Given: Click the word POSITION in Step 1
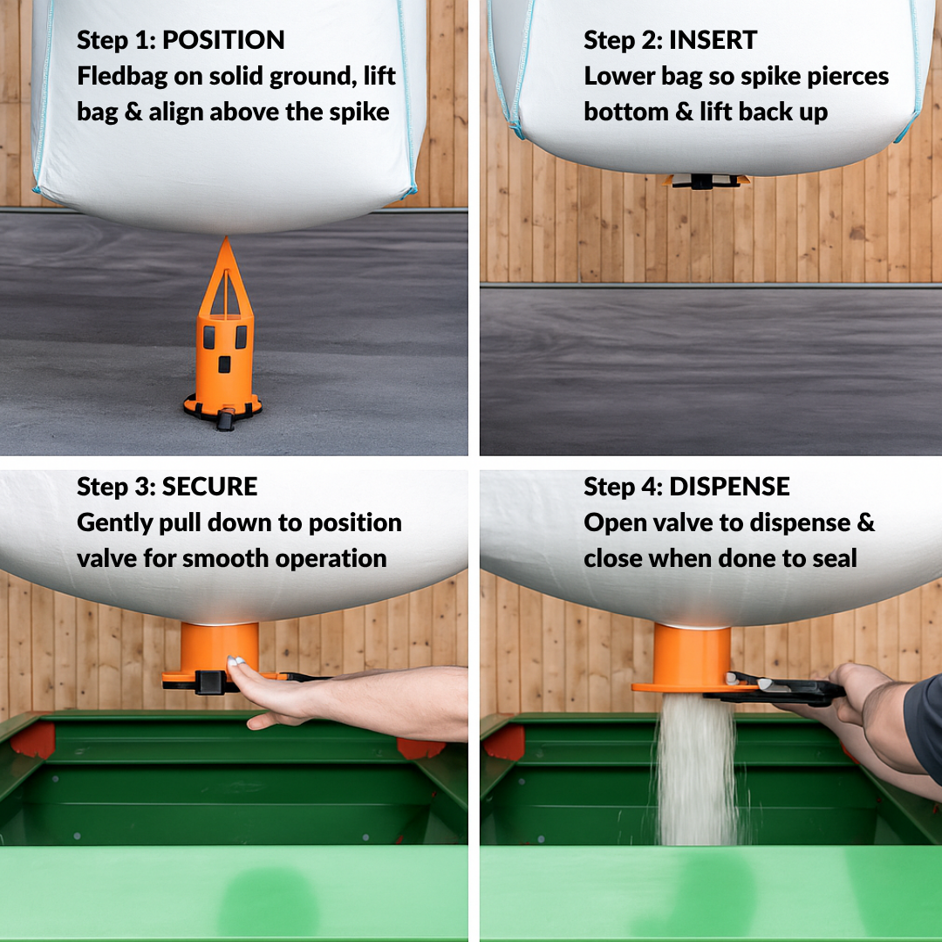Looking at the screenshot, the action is pos(223,40).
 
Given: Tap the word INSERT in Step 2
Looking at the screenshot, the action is pos(713,40).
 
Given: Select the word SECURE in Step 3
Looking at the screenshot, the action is pos(209,487).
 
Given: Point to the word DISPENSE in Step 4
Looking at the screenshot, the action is pos(729,487).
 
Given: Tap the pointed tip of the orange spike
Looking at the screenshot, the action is pos(226,238).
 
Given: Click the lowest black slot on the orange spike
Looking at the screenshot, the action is pos(224,364).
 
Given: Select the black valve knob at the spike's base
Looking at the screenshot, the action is pos(225,420).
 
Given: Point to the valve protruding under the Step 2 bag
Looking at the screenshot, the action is pos(706,181).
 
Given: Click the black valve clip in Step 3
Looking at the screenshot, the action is pos(210,682).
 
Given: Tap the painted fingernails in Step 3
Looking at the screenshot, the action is pos(235,661).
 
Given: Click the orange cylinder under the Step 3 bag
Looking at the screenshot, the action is pos(219,647).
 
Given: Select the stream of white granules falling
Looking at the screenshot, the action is pos(697,769).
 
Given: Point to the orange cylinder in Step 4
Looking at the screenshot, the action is pos(692,656).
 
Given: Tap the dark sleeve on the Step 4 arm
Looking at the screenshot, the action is pos(924,727).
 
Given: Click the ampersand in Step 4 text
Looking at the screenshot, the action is pos(866,522).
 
